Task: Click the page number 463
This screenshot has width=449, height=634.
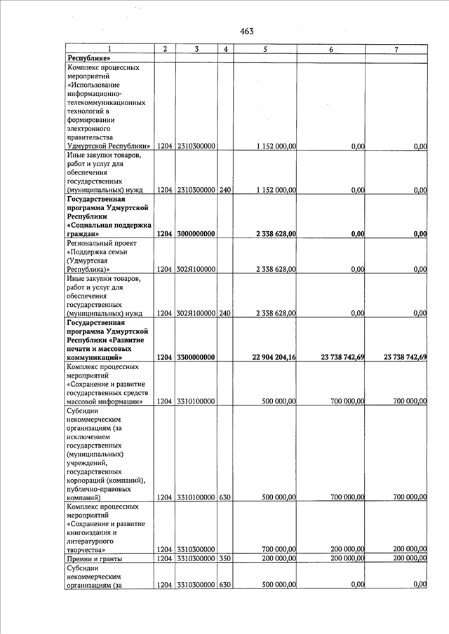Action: point(246,31)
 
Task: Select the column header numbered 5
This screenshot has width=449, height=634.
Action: point(265,49)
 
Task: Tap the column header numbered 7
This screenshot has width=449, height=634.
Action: point(396,49)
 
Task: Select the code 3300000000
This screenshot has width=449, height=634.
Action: point(196,357)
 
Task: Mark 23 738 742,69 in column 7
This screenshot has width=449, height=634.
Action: point(406,357)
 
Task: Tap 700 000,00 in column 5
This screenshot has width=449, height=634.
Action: point(277,549)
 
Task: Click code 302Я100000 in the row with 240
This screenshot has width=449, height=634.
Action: point(196,313)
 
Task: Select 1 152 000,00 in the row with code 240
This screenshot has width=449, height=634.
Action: point(276,190)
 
